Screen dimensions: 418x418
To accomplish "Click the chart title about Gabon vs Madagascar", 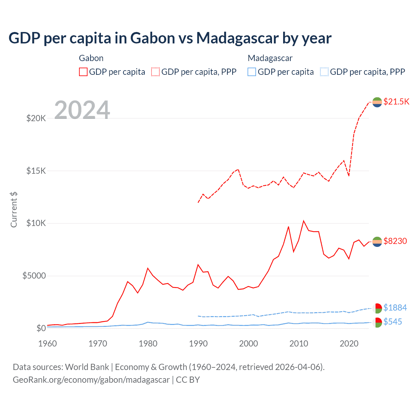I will pos(170,38).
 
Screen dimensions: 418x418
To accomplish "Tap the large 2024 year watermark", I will pos(82,110).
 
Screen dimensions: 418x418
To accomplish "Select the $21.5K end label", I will pos(396,102).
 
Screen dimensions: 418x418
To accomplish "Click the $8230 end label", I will pos(395,241).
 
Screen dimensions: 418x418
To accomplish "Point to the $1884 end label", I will pos(395,308).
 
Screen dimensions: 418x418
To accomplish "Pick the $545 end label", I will pos(393,322).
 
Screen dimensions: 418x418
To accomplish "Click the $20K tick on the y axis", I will pos(36,118).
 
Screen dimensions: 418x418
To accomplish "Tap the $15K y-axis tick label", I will pos(36,171).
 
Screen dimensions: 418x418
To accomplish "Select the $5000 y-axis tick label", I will pos(34,276).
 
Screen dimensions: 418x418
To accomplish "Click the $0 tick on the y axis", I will pos(41,328).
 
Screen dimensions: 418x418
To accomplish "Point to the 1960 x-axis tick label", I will pos(48,344).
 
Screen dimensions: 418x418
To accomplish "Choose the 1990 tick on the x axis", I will pos(198,344).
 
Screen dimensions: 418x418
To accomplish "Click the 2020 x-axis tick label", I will pos(349,344).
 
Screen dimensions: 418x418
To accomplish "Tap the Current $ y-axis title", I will pos(14,209).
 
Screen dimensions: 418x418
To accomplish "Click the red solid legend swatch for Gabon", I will pos(83,72).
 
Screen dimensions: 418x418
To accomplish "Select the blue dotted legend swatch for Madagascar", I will pos(324,72).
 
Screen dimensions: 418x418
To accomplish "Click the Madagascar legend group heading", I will pos(270,58).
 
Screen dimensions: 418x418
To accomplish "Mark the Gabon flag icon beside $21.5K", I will pos(377,102).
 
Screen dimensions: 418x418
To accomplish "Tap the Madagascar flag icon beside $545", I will pos(377,322).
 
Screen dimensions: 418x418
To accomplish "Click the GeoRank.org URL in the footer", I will pos(91,380).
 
